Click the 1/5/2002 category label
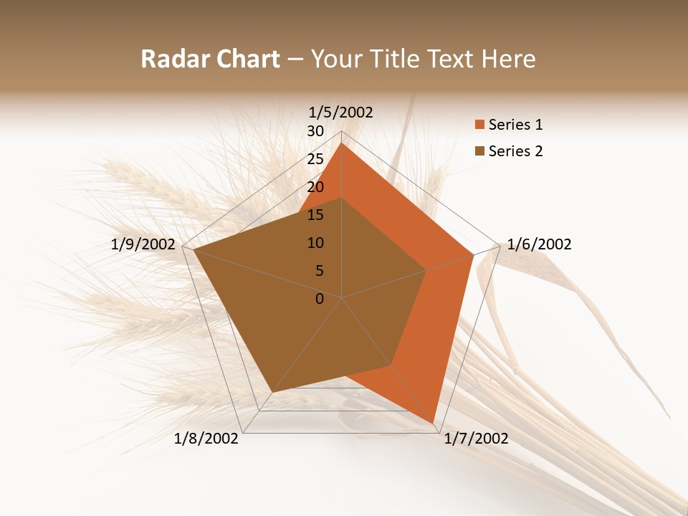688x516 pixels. point(341,112)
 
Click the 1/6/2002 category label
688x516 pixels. point(539,244)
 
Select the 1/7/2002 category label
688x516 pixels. point(476,439)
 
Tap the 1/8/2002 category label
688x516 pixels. point(206,439)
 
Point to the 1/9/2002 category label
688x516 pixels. point(143,244)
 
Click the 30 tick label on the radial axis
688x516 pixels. point(315,131)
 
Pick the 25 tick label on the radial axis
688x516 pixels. point(315,159)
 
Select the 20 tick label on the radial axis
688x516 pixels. point(315,187)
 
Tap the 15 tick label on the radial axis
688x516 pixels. point(315,215)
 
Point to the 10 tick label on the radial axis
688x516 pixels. point(315,243)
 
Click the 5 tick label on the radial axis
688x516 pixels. point(319,271)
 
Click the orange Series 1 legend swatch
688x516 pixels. point(479,125)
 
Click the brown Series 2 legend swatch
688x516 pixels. point(479,151)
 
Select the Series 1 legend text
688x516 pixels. point(515,125)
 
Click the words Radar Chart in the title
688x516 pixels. point(210,59)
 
